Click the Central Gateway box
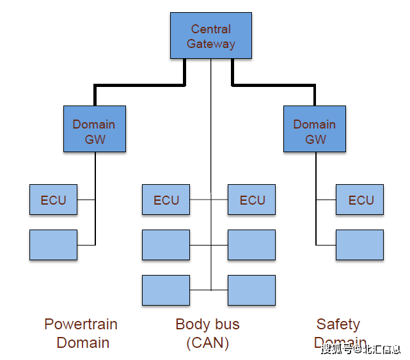pos(211,36)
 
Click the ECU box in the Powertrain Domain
pos(53,200)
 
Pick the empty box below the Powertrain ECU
pos(53,245)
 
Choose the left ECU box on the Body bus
pos(166,200)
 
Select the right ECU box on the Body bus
pos(251,200)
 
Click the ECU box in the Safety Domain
pos(359,200)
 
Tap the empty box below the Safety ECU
pos(359,245)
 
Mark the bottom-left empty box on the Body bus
pos(166,290)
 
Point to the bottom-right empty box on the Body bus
pos(251,290)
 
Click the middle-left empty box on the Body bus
pos(166,245)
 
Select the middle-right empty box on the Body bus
pos(251,245)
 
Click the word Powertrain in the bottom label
pos(81,324)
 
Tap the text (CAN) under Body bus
pos(208,343)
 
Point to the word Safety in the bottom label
pos(338,324)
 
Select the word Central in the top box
pos(211,29)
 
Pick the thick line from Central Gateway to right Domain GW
pos(275,84)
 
